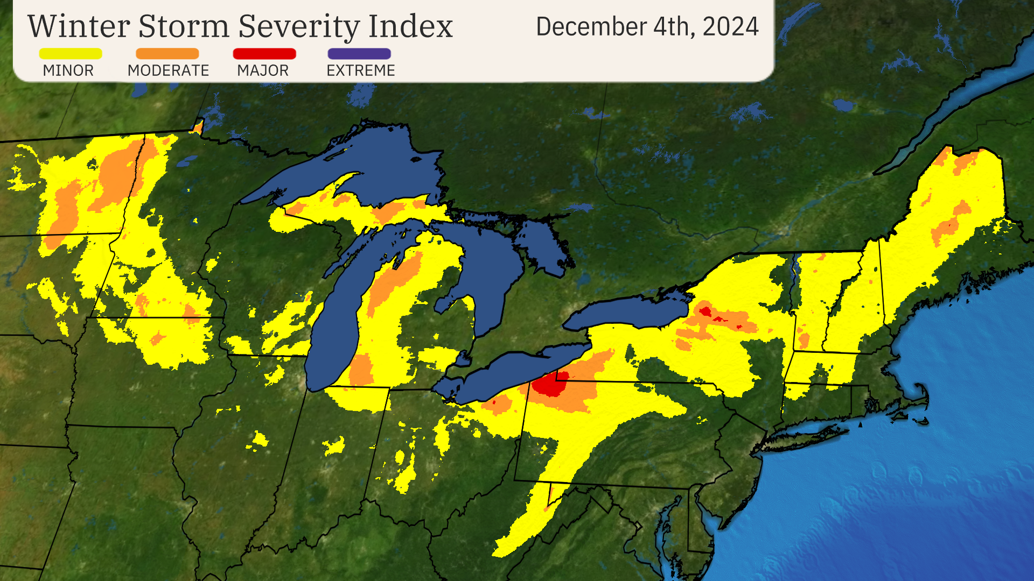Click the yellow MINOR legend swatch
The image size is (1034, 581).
[x=70, y=54]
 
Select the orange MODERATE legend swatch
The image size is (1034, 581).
[x=167, y=54]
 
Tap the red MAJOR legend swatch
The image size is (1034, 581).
[x=264, y=54]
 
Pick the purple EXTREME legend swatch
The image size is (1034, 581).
[x=359, y=54]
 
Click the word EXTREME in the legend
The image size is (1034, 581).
[x=360, y=70]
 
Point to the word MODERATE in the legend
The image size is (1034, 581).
[x=168, y=70]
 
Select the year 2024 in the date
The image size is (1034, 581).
[x=730, y=27]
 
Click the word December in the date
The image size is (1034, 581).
[x=591, y=27]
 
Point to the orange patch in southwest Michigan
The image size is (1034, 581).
[x=361, y=369]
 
